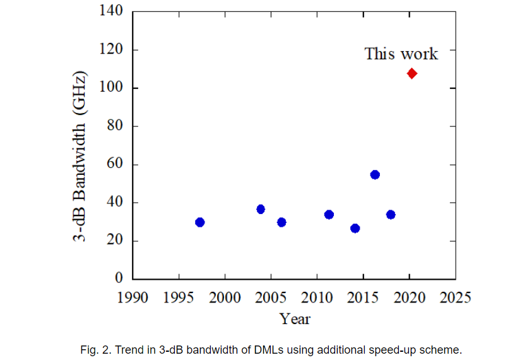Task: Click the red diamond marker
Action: tap(412, 73)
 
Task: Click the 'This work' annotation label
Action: tap(401, 54)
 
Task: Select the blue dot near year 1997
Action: tap(200, 222)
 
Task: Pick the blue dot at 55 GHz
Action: tap(375, 174)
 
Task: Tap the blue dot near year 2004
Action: tap(261, 209)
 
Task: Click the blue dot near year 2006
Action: tap(281, 222)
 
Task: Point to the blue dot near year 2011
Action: tap(329, 215)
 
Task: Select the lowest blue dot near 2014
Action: tap(355, 228)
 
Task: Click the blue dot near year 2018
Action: tap(391, 215)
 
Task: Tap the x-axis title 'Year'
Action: tap(295, 319)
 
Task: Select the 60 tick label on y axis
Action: tap(114, 164)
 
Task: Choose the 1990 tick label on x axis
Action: tap(133, 297)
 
